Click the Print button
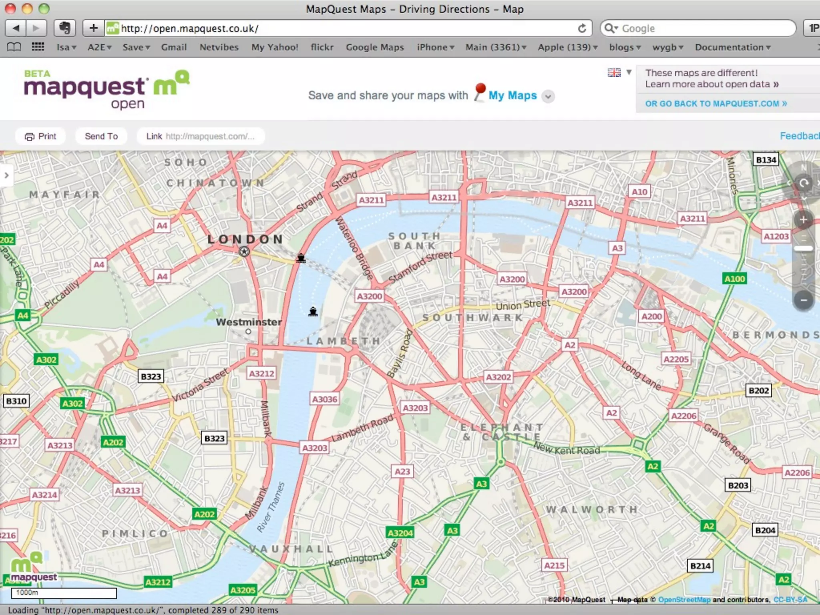click(x=40, y=136)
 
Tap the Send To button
click(x=101, y=136)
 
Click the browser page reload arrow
click(x=582, y=28)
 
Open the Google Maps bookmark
click(x=375, y=47)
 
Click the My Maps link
click(x=512, y=96)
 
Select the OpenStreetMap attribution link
click(x=684, y=599)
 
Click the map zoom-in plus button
click(x=803, y=220)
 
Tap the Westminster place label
click(x=249, y=322)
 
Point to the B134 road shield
click(x=766, y=160)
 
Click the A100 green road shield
click(x=735, y=279)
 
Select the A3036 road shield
click(x=325, y=399)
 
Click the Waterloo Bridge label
click(x=354, y=248)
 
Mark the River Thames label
click(x=271, y=507)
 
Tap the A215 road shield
click(x=554, y=565)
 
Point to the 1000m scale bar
click(x=64, y=593)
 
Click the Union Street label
click(x=523, y=305)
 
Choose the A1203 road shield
click(x=776, y=236)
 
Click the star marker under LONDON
click(x=244, y=251)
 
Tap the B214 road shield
click(x=700, y=566)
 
